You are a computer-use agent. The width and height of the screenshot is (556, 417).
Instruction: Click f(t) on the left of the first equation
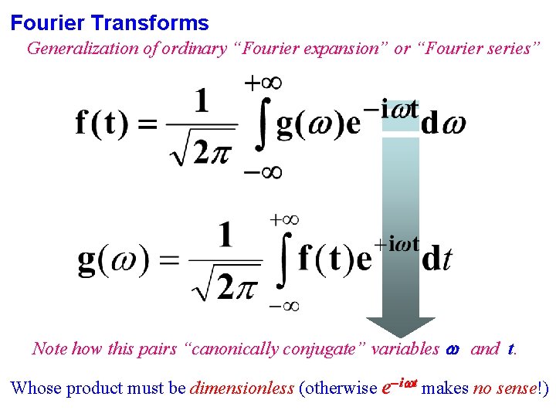point(101,124)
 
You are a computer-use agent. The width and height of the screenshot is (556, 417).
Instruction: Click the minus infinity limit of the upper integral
point(263,171)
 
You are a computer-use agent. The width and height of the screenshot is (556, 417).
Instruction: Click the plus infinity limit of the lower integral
point(283,220)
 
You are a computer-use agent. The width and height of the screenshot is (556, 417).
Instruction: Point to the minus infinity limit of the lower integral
point(283,306)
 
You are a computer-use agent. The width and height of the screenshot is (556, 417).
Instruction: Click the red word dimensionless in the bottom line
point(242,388)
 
